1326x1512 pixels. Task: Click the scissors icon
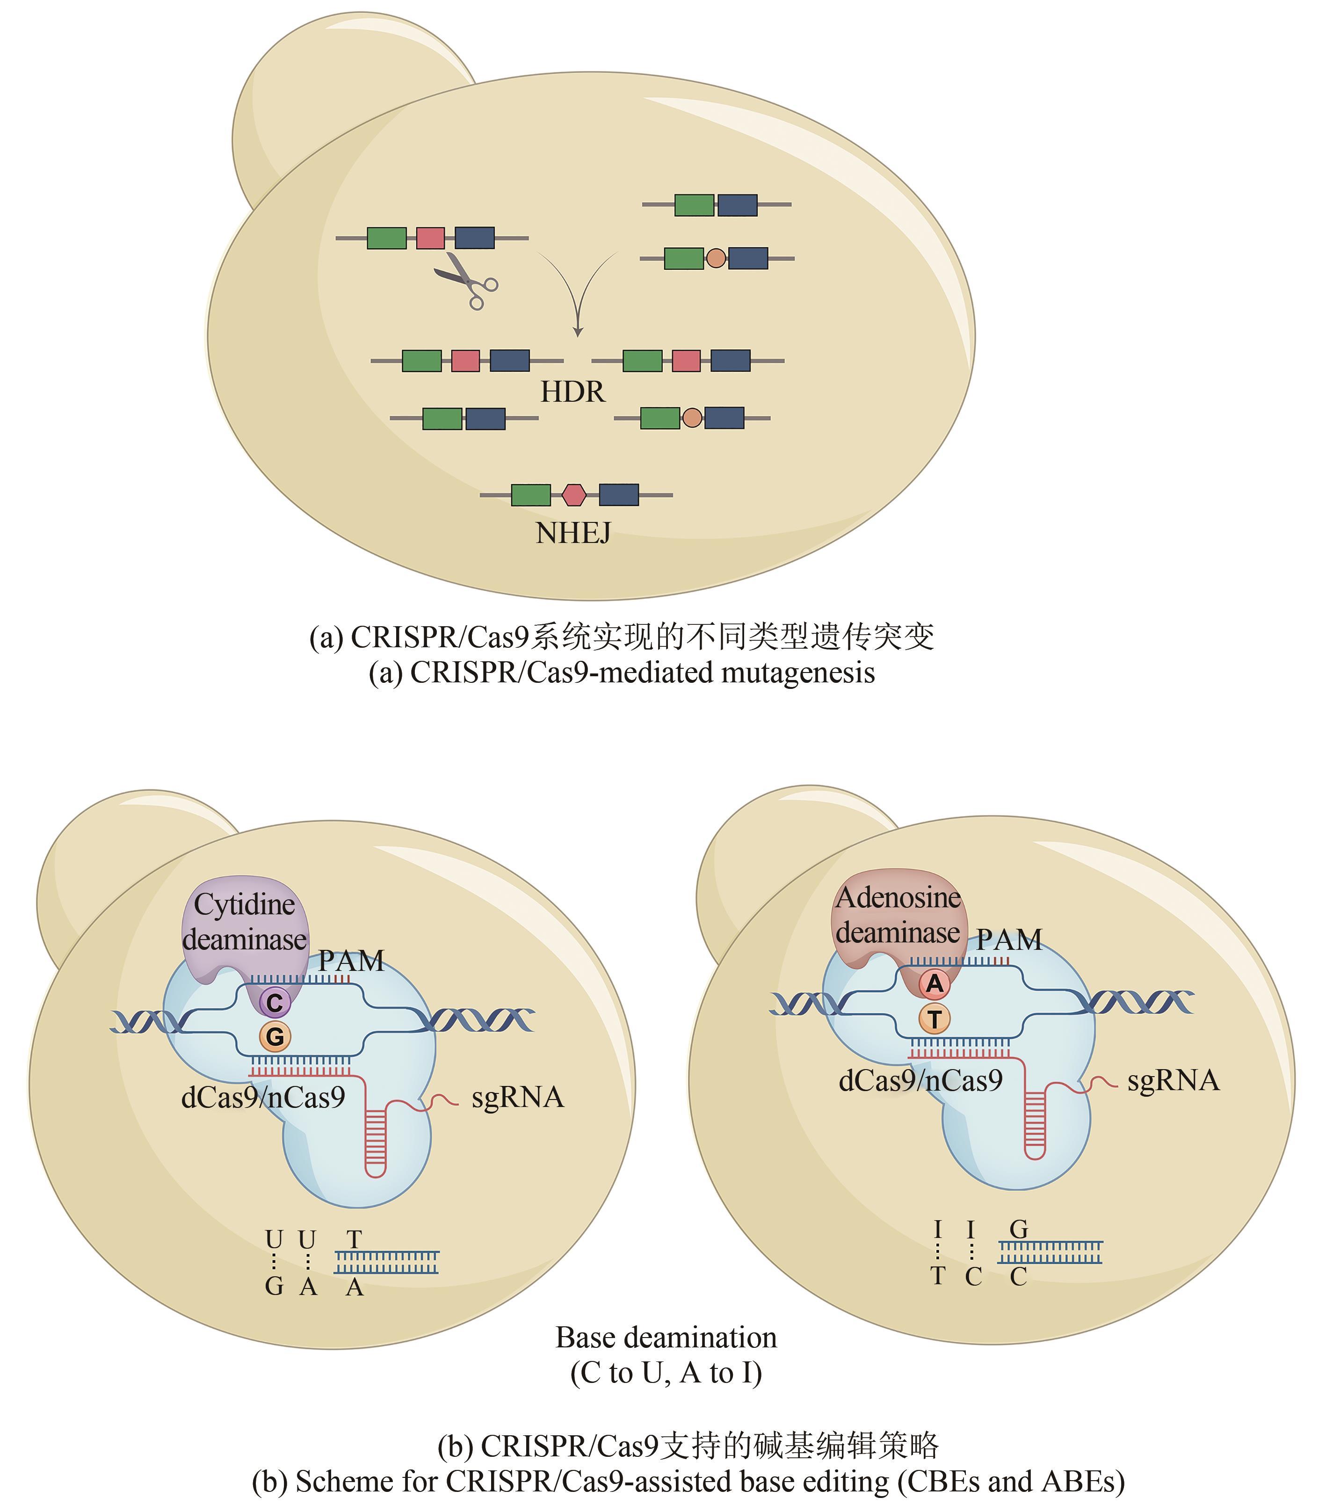(466, 280)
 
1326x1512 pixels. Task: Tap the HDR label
(572, 392)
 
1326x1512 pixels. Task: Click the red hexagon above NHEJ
(573, 495)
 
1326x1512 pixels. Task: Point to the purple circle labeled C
(275, 1003)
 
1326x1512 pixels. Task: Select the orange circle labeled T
(935, 1020)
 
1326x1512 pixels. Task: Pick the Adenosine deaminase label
(898, 915)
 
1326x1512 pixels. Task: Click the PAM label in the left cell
(351, 961)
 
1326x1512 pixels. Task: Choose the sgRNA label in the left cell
(517, 1098)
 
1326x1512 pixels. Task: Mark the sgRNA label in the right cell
(1173, 1081)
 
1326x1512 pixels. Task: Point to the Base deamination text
(666, 1338)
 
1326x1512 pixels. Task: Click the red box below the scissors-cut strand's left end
(465, 361)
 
